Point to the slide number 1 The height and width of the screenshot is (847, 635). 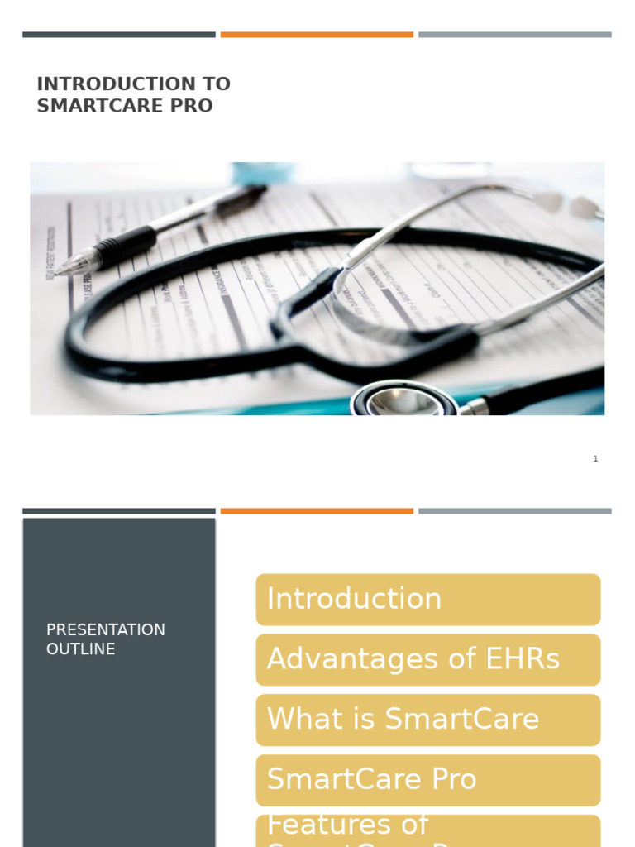pos(595,459)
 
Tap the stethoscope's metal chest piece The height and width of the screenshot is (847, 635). pos(405,401)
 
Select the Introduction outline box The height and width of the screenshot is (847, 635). pos(427,599)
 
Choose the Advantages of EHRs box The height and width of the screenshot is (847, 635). pos(427,659)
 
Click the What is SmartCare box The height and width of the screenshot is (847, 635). pos(427,720)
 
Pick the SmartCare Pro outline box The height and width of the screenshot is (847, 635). pos(427,780)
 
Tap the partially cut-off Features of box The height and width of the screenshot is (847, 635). pos(427,831)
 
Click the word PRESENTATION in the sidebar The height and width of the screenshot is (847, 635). pos(106,629)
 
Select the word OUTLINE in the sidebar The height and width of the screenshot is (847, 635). pos(81,649)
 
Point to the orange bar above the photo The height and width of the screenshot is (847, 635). pos(317,35)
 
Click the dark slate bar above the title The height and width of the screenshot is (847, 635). pos(119,35)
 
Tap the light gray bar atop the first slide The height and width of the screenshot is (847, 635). pos(514,35)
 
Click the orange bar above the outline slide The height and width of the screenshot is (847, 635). pos(317,511)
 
